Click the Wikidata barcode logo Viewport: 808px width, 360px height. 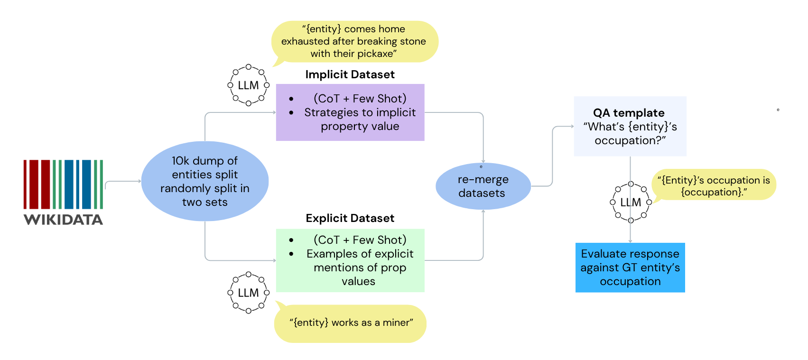(63, 184)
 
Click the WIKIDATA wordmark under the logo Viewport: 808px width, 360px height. (63, 220)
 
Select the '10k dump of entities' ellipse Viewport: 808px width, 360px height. (205, 181)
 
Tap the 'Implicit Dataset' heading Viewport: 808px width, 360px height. (350, 74)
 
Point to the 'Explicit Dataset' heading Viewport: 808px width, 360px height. (350, 218)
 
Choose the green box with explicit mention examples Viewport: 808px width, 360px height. (350, 260)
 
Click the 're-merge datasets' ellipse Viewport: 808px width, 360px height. (483, 186)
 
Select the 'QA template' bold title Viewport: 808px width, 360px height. (629, 113)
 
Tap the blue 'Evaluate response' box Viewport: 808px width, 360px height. (630, 268)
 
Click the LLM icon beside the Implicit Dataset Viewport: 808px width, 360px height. (248, 85)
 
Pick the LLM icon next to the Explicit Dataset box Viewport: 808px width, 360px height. (248, 293)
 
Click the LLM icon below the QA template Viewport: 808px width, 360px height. (631, 202)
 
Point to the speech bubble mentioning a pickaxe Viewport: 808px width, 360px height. (354, 41)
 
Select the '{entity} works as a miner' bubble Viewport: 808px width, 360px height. (351, 323)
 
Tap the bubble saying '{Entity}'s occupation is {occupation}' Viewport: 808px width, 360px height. (714, 185)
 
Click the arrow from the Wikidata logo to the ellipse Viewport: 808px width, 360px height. (122, 182)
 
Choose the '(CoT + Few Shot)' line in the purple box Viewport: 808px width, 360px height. (360, 99)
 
